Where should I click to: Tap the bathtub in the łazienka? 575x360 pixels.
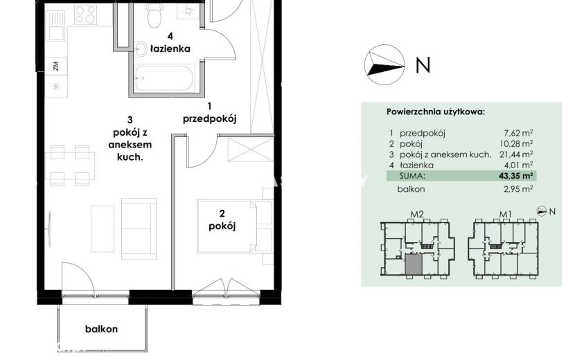pos(163,78)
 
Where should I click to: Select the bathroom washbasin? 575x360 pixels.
pos(140,49)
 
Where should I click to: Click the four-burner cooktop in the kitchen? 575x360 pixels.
pos(85,15)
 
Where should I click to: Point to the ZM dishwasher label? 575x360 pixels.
pos(55,66)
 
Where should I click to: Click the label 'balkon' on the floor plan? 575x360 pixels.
pos(102,329)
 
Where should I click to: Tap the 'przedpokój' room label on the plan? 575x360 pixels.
pos(209,119)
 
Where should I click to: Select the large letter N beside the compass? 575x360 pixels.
pos(423,65)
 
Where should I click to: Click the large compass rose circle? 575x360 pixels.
pos(384,65)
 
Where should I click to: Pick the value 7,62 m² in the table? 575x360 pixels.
pos(518,133)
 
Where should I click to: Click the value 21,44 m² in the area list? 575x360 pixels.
pos(516,154)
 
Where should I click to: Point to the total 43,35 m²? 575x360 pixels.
pos(516,176)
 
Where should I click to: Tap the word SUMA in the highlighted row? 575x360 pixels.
pos(412,176)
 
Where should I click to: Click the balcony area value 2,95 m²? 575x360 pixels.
pos(518,189)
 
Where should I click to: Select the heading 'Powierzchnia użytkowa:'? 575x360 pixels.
pos(436,112)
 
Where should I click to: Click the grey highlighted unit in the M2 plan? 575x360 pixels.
pos(414,264)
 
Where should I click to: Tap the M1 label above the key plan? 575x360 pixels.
pos(506,214)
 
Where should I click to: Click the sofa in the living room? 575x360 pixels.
pos(139,228)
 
